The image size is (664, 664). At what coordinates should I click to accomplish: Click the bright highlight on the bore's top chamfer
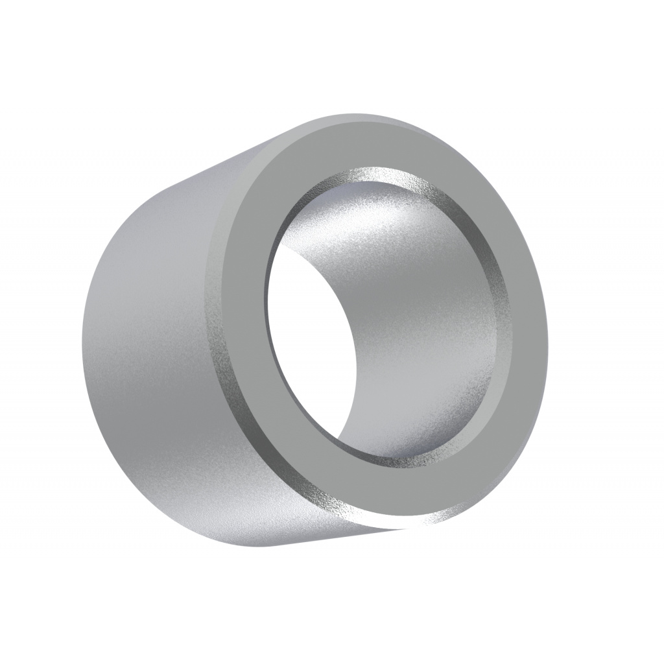point(376,174)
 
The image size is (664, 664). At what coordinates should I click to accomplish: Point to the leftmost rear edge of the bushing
point(82,344)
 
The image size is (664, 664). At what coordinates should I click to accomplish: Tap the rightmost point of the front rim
point(548,337)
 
